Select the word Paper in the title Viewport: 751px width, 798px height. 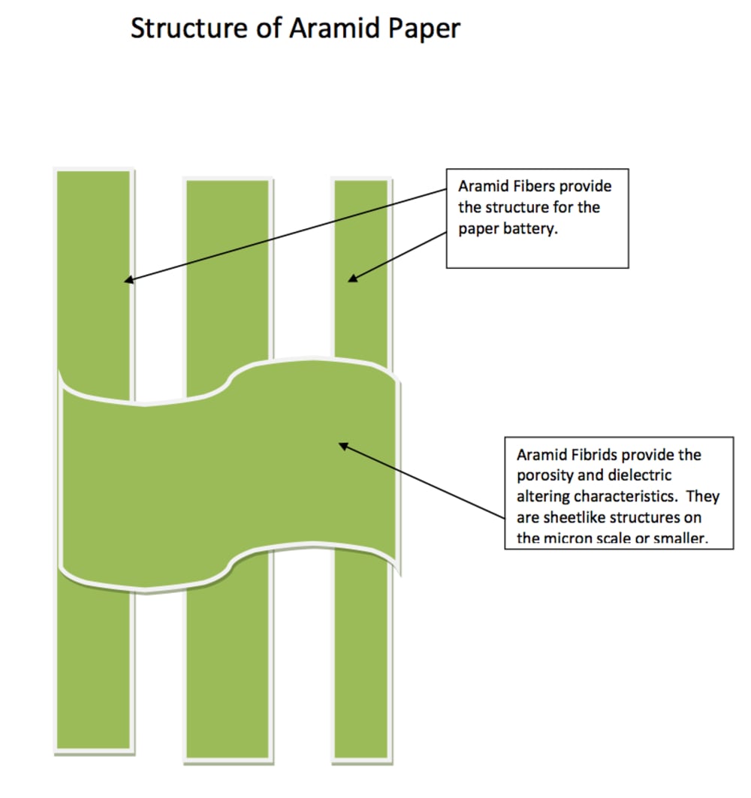click(x=424, y=29)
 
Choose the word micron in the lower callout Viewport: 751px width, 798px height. click(x=568, y=538)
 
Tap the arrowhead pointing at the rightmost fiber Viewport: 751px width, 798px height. click(x=352, y=278)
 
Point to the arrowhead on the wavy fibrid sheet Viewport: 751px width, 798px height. click(x=344, y=447)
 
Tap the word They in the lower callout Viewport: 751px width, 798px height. click(x=703, y=497)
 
